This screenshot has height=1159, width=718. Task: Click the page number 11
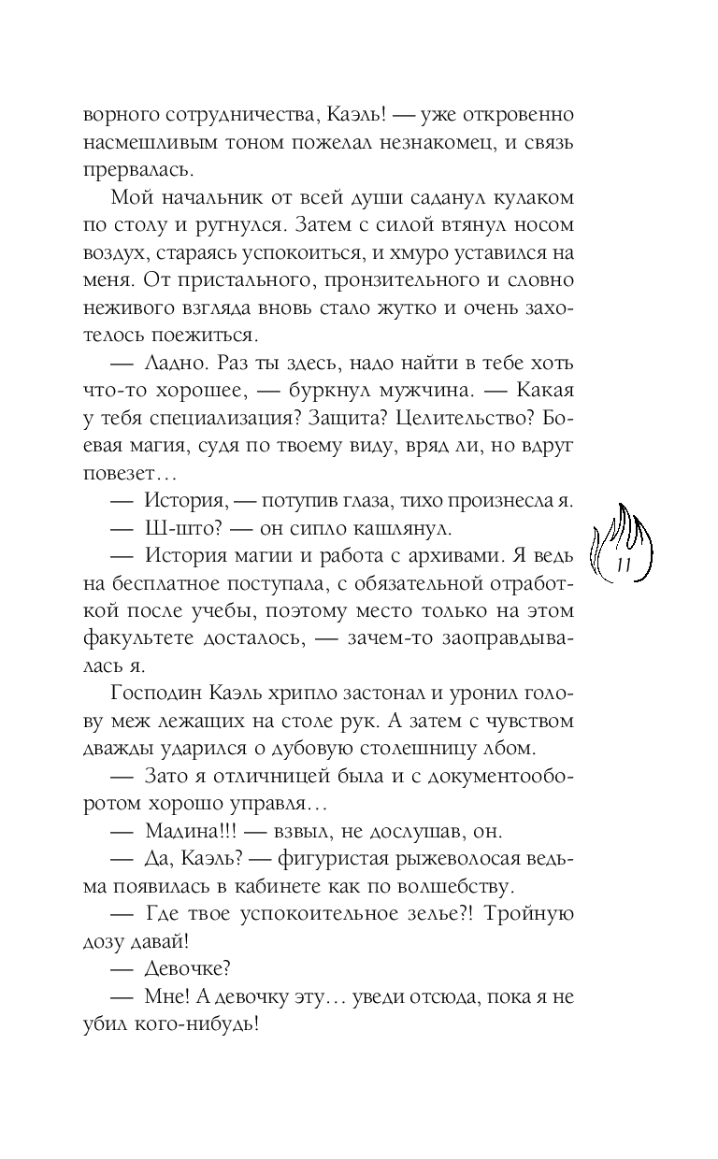625,564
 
